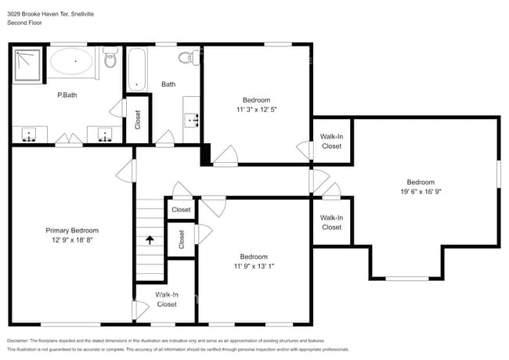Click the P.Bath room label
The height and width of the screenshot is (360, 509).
[x=66, y=95]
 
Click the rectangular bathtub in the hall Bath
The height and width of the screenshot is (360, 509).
[x=137, y=69]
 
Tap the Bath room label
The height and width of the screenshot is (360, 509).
[x=168, y=84]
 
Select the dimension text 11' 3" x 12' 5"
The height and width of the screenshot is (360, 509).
[x=256, y=110]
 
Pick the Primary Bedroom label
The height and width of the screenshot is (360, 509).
[x=72, y=230]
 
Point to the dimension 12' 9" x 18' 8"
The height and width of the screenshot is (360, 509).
[x=72, y=240]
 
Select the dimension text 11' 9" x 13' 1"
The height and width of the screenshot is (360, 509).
[x=254, y=266]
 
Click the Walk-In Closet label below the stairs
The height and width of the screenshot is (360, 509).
[x=166, y=299]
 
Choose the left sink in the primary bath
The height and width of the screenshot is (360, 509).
[x=29, y=135]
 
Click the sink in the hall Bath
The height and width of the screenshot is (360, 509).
[x=190, y=120]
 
